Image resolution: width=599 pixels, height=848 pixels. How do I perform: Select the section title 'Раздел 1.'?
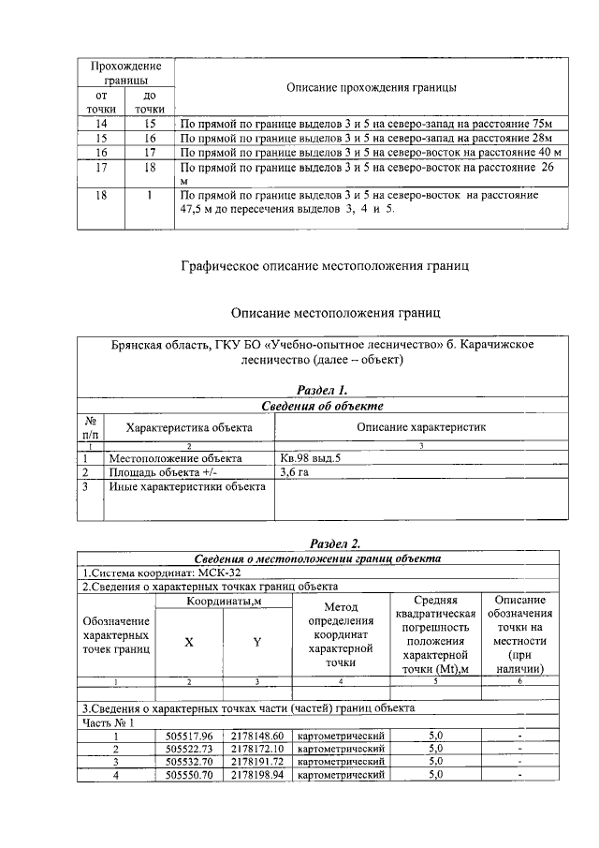click(322, 390)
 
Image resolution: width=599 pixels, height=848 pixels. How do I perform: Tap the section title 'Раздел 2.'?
click(334, 543)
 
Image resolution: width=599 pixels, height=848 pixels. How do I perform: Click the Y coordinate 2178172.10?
click(256, 749)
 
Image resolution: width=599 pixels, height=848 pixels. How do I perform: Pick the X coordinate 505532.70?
click(189, 762)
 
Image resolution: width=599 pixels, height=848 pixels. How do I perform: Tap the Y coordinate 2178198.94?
click(256, 775)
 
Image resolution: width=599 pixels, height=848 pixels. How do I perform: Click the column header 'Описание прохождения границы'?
click(371, 88)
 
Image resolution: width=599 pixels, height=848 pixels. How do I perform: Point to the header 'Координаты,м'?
click(223, 601)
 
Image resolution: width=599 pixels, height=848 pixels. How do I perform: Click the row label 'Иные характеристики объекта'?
click(187, 486)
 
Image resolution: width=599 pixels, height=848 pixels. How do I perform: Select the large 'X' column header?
click(189, 642)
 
